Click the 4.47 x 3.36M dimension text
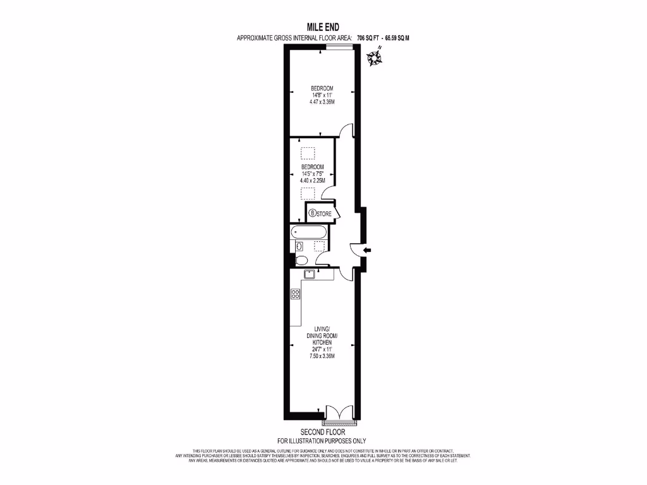coord(322,102)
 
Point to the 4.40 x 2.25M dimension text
coord(312,180)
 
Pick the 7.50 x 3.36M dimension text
coord(322,356)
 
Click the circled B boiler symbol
coord(312,213)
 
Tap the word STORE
coord(324,213)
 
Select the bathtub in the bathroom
coord(310,231)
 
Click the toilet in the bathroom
coord(301,260)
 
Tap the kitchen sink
coord(310,274)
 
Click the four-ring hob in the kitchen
coord(295,294)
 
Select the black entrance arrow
coord(368,251)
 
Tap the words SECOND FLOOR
coord(322,432)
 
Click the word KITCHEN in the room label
coord(322,342)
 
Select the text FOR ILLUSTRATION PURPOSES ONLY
coord(322,441)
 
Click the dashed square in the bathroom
coord(321,246)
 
